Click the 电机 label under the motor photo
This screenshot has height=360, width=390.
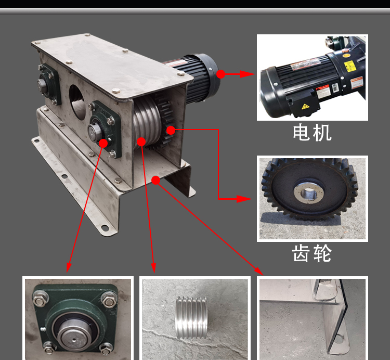coord(312,133)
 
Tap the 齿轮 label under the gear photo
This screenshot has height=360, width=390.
coord(311,253)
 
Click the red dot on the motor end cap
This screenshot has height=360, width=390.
coord(220,74)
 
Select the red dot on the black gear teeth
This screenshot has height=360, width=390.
coord(171,130)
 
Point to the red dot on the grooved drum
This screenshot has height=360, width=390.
coord(141,142)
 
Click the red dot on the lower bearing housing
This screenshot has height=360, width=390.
coord(103,143)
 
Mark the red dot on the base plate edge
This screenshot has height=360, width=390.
coord(155,180)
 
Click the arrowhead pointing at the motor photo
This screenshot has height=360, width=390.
coord(247,74)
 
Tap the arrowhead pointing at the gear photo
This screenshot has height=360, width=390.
coord(244,199)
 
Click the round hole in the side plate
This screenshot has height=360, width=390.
coord(77,102)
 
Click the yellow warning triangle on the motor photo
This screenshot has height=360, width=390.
coord(305,107)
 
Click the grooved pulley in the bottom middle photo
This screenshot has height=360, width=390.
coord(191,317)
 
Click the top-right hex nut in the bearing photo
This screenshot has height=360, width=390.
coord(109,301)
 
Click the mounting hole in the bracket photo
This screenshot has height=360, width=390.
coord(339,339)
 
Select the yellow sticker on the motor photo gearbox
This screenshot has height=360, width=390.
coord(349,66)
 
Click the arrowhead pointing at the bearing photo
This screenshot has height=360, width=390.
coord(69,268)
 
